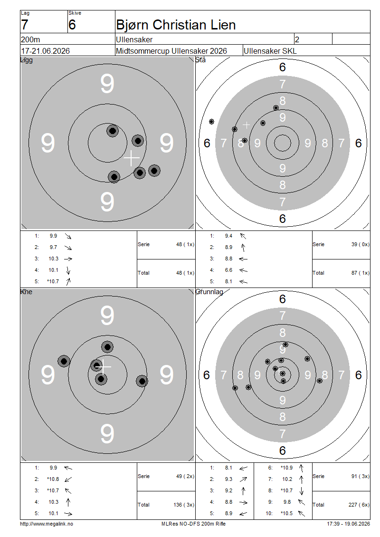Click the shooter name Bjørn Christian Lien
[x=176, y=25]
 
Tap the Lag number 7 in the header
[x=24, y=25]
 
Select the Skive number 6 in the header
[x=72, y=25]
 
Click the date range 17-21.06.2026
[x=45, y=51]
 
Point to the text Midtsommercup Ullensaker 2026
[x=171, y=51]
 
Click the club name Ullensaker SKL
[x=270, y=51]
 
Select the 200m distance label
[x=30, y=39]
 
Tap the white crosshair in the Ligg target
[x=132, y=158]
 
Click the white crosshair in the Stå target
[x=246, y=125]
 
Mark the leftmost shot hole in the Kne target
[x=64, y=361]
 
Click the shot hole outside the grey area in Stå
[x=211, y=122]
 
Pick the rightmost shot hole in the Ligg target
[x=154, y=171]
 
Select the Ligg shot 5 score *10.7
[x=53, y=281]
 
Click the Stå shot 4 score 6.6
[x=228, y=270]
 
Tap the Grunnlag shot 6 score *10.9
[x=287, y=468]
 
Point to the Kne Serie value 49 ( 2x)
[x=185, y=476]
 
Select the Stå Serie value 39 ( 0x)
[x=361, y=245]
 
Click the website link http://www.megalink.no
[x=47, y=524]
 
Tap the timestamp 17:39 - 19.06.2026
[x=349, y=524]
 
